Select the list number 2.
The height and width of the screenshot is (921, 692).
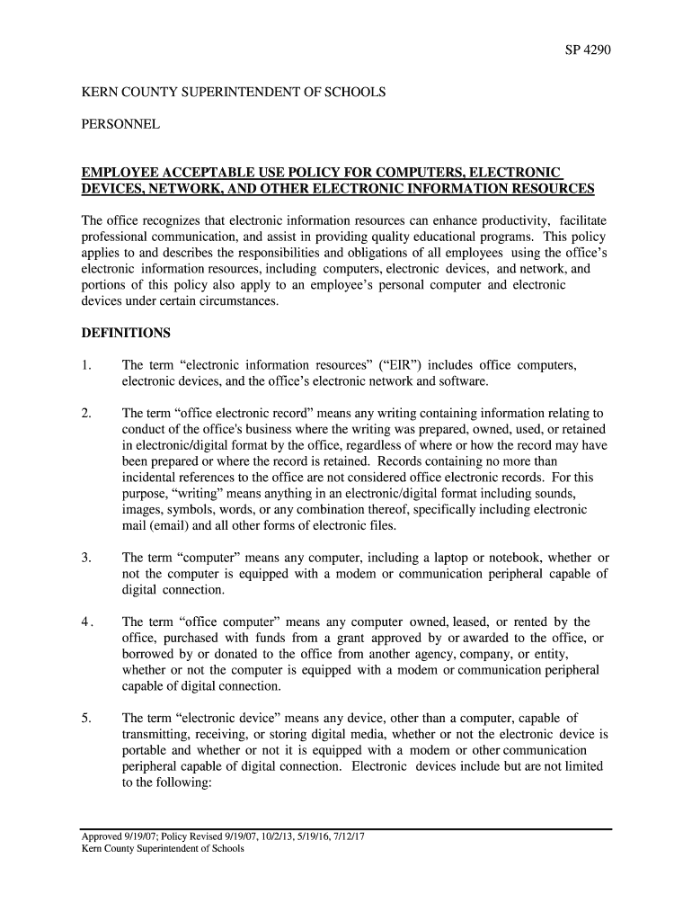click(85, 414)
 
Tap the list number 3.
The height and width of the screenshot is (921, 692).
click(85, 559)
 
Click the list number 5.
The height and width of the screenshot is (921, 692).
click(85, 718)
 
